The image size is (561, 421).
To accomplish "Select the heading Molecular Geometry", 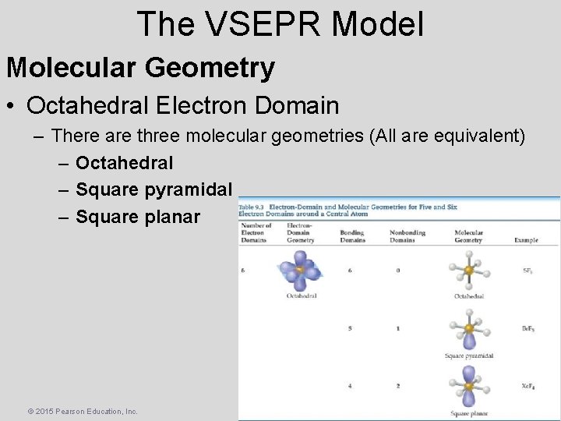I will [x=140, y=68].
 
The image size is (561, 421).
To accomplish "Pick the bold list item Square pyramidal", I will [x=153, y=189].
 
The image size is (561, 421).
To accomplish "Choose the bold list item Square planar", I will [x=138, y=216].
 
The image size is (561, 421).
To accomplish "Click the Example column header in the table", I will [x=526, y=240].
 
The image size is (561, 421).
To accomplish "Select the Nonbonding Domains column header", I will [x=402, y=236].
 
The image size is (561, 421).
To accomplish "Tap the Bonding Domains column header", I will [x=352, y=236].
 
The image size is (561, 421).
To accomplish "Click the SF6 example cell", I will [x=527, y=270].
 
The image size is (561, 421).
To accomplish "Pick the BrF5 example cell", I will [x=527, y=328].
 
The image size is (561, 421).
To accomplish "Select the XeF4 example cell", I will [x=527, y=386].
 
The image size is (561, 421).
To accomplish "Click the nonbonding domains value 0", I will [x=397, y=270].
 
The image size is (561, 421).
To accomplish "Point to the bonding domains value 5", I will [x=349, y=328].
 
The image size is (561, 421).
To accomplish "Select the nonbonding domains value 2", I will [x=397, y=386].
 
